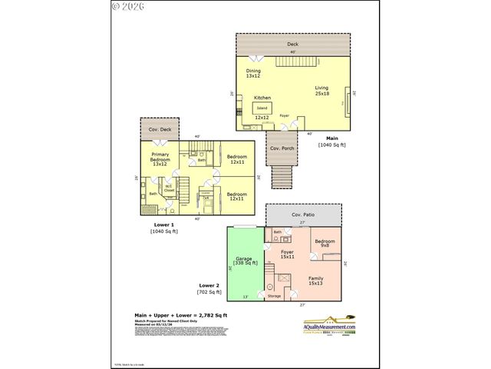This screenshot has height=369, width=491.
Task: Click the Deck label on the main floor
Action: pyautogui.click(x=292, y=44)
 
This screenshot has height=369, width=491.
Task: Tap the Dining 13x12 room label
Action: pyautogui.click(x=253, y=73)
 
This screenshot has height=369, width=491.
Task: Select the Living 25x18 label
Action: pyautogui.click(x=321, y=90)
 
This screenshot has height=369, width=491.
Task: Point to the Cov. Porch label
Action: pyautogui.click(x=282, y=148)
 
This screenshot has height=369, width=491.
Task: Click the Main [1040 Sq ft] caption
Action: pyautogui.click(x=332, y=142)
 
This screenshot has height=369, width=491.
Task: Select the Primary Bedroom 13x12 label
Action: pyautogui.click(x=160, y=159)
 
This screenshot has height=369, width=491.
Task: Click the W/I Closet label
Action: pyautogui.click(x=168, y=188)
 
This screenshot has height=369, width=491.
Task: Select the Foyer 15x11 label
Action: pyautogui.click(x=287, y=254)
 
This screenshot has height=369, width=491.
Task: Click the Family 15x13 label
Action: pyautogui.click(x=316, y=281)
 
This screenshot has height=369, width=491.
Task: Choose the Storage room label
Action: pyautogui.click(x=274, y=295)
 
